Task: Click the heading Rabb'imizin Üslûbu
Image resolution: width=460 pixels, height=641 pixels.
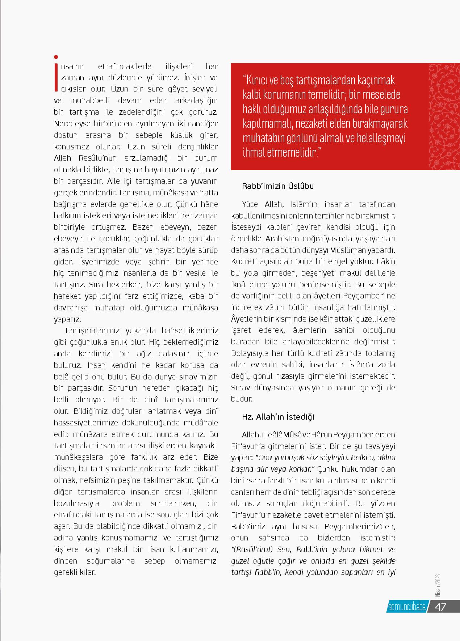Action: click(278, 186)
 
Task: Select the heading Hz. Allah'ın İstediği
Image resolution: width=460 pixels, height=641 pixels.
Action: click(278, 417)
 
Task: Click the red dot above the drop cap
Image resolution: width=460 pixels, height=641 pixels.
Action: click(56, 57)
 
